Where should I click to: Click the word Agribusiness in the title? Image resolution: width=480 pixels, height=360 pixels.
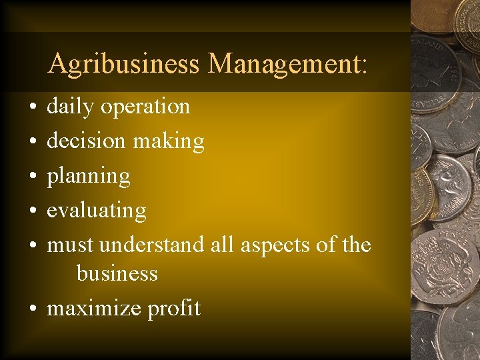point(124,64)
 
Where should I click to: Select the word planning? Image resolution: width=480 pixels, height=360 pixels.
point(88,177)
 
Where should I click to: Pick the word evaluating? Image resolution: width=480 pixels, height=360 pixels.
point(96,211)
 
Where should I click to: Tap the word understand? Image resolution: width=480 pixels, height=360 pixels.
point(151,245)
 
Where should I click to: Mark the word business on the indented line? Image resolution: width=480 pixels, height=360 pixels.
point(117,273)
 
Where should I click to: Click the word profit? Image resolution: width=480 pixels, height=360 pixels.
point(174,308)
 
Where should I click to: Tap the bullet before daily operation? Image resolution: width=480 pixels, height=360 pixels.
point(32,107)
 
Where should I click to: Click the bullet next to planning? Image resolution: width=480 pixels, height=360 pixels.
point(32,176)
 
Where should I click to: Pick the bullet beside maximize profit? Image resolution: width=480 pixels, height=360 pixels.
point(32,308)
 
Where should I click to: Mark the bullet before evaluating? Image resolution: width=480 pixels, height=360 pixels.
point(32,211)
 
